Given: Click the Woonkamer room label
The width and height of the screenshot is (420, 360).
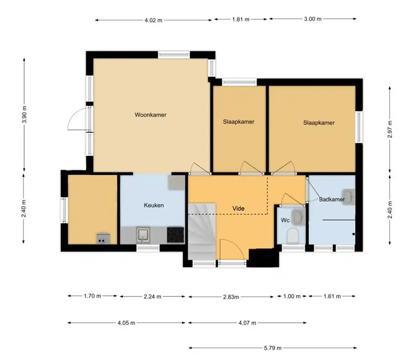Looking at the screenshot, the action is coord(150,115).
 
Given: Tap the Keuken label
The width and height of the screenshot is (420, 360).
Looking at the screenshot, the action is coord(154,205).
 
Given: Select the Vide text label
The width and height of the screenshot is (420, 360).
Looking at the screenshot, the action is coord(238,208).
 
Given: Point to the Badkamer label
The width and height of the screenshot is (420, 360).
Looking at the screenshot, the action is coord(331,199).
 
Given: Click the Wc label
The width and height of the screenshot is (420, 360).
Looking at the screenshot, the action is coord(285,220).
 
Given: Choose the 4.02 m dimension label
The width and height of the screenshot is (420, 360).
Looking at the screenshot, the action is coord(153,20).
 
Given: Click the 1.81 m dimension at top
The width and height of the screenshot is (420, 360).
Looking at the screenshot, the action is coord(240,19).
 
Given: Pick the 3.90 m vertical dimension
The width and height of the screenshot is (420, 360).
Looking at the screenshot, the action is coord(24,114).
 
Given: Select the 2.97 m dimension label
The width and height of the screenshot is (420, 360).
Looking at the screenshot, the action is coord(390,129).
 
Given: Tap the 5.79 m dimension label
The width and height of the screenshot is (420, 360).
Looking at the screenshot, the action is coord(273,348).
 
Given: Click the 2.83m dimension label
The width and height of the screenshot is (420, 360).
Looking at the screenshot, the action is coord(231,297).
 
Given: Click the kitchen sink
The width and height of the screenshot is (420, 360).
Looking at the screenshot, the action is coord(143,235).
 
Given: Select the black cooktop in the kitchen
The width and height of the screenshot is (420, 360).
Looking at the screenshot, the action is coord(175,235).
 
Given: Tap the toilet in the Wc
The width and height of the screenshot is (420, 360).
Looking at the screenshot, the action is coord(293,236).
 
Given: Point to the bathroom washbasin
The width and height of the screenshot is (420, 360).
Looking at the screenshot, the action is coord(348,197).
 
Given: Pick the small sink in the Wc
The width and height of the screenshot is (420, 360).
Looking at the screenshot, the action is coord(298,217).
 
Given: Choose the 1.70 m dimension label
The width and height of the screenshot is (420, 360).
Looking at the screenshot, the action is coord(92,296).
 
